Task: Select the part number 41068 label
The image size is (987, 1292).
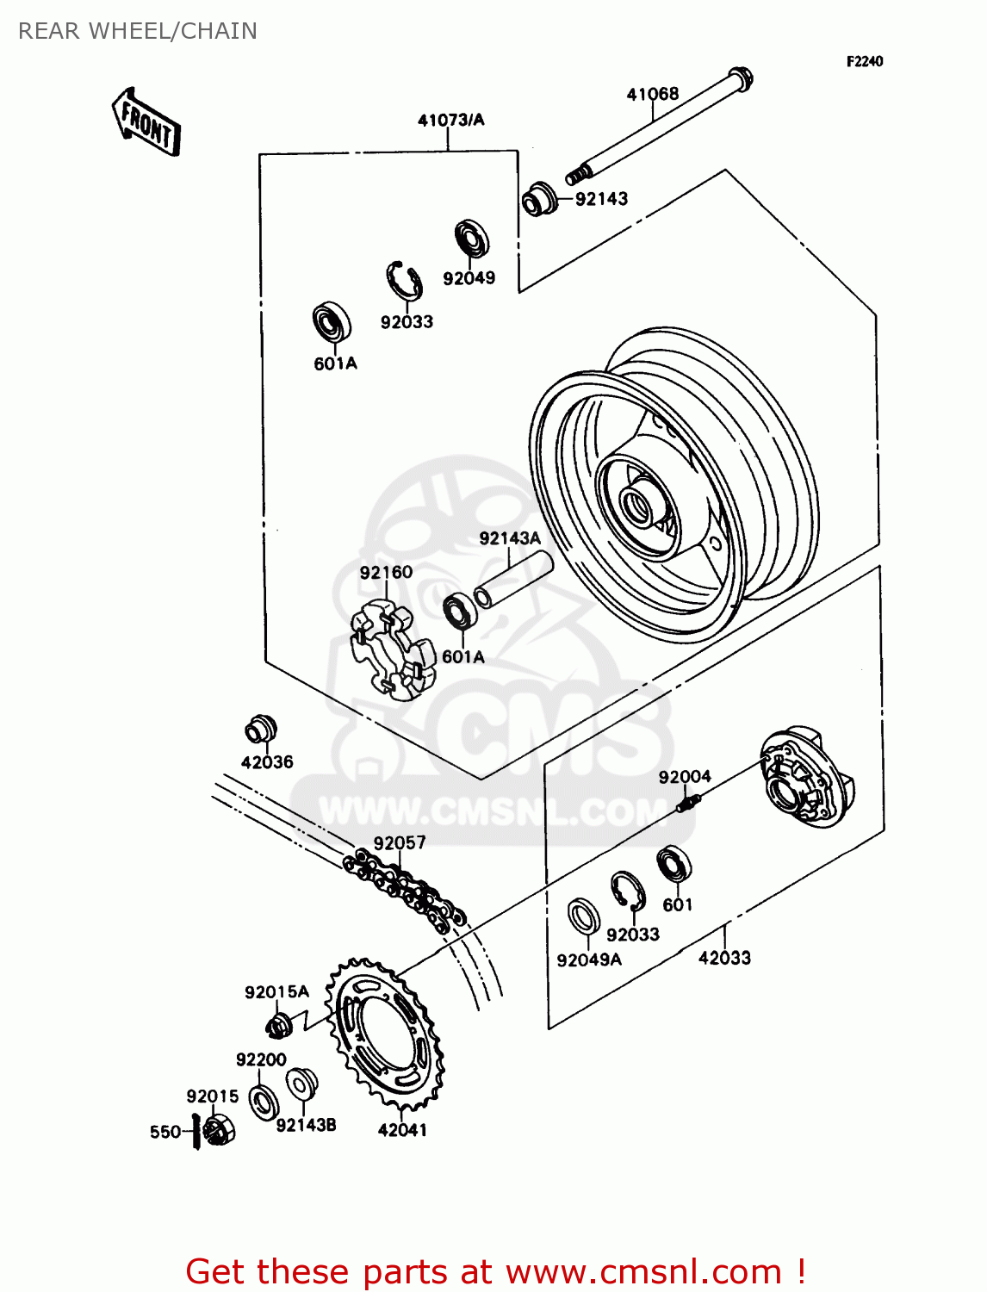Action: (x=652, y=94)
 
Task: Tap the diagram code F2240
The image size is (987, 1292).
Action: (x=864, y=61)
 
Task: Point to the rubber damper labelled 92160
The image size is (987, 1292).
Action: (x=388, y=645)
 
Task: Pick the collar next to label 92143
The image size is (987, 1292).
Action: (x=537, y=199)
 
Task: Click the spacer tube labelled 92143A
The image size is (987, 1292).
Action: (x=514, y=581)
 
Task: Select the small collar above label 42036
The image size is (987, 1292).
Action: (x=259, y=730)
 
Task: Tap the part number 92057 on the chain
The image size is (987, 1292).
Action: (x=400, y=842)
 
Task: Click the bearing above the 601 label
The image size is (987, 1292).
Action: (x=674, y=865)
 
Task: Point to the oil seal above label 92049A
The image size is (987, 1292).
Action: (x=584, y=916)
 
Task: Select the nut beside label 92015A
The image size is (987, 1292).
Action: (x=279, y=1025)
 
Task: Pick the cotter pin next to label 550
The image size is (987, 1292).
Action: (x=197, y=1131)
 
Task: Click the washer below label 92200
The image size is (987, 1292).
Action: (x=264, y=1102)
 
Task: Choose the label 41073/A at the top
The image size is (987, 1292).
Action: (x=450, y=120)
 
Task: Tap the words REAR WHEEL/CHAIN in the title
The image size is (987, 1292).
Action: (x=138, y=31)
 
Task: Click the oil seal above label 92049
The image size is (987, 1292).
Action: (x=472, y=239)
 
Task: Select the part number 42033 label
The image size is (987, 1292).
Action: (x=724, y=958)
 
